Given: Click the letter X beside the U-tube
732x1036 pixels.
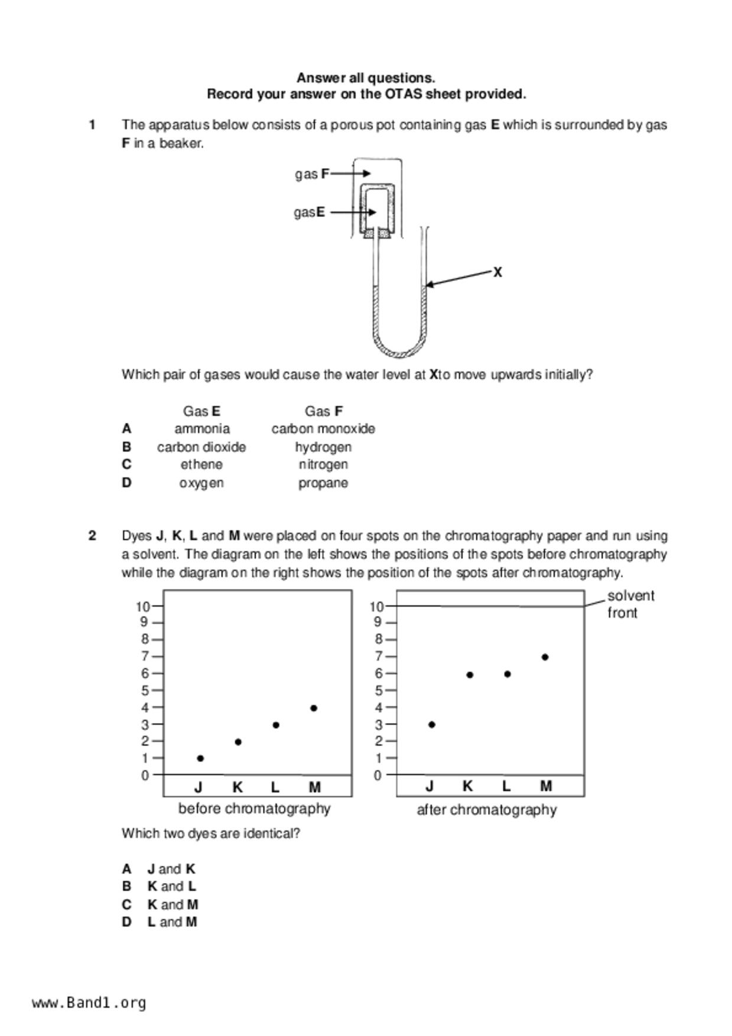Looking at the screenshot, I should pos(497,272).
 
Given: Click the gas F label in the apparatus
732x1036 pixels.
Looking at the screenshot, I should pos(312,174).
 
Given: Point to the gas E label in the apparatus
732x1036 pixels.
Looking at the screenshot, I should pos(310,213).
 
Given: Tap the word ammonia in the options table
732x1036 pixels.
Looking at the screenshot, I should pos(202,429).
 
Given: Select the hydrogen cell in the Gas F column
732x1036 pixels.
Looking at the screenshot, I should pos(323,447).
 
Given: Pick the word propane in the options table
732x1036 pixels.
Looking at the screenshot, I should pos(323,483).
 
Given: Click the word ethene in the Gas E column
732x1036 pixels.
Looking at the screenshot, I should pos(202,465).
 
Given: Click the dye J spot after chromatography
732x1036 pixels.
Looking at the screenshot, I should pos(432,725).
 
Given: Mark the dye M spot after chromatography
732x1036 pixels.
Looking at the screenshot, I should pos(545,657).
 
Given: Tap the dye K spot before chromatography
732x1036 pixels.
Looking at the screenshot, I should pos(238,742).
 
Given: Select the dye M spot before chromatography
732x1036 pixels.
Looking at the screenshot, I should pos(314,708).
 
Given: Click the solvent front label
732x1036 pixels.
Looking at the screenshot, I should pos(630,604).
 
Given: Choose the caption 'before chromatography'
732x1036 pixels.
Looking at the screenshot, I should pos(254,809).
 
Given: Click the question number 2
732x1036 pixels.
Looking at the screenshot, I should pos(92,536).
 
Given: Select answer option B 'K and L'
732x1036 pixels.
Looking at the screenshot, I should pos(171,887).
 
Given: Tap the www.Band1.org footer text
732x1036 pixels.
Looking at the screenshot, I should pos(89,1003).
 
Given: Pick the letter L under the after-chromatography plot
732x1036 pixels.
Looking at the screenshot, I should pos(506,787).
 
